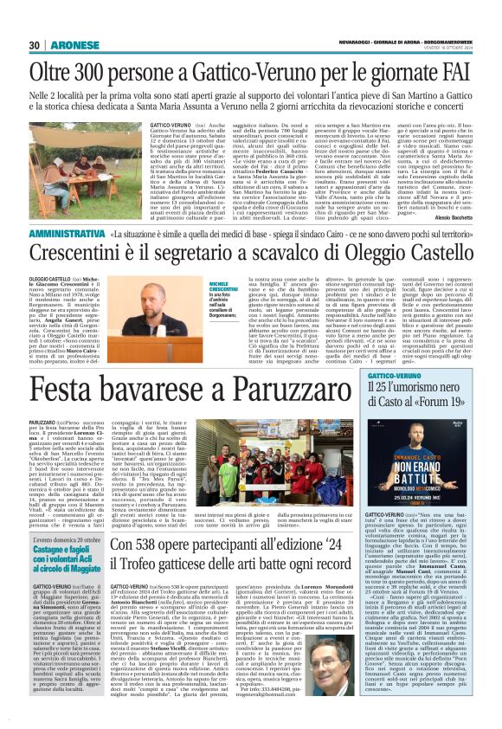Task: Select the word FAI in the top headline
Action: coord(454,68)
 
